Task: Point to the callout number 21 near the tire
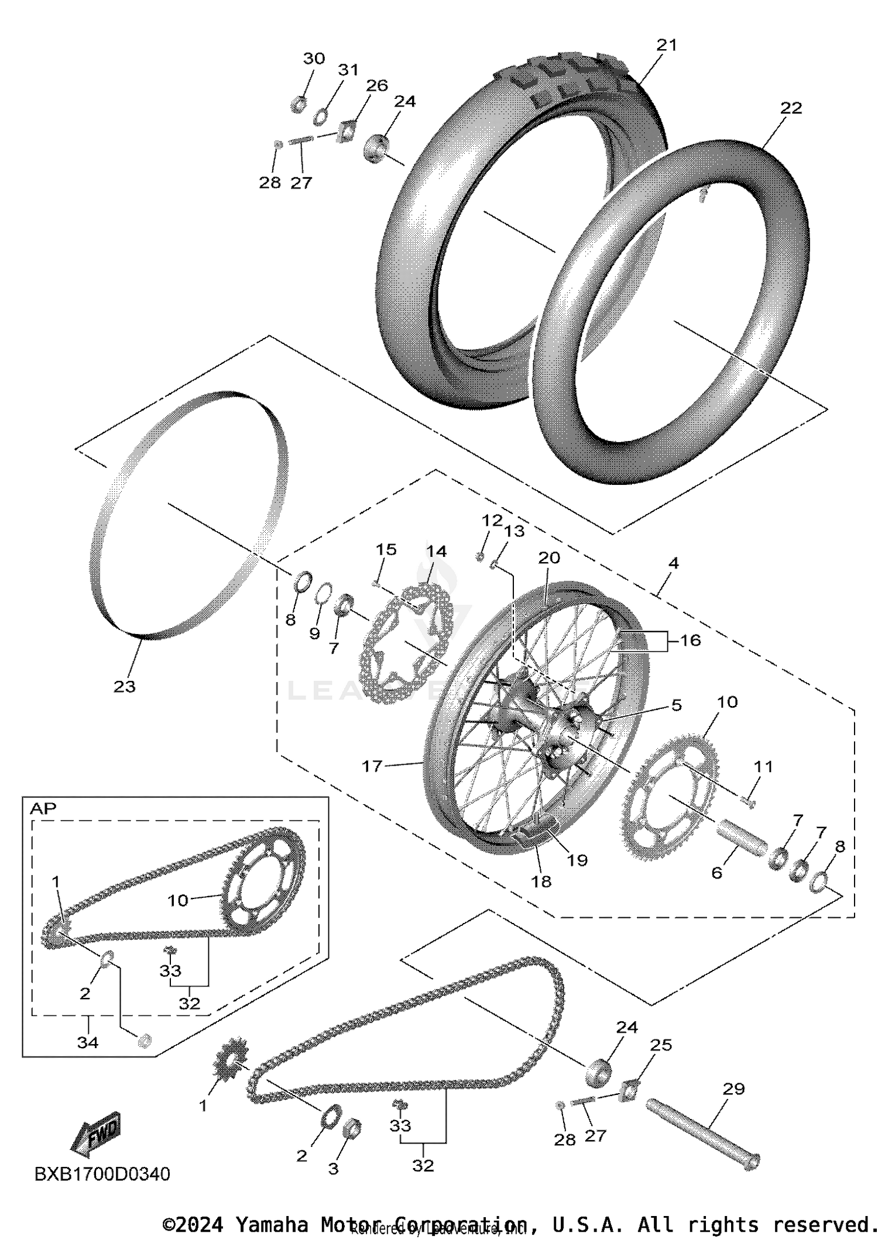(x=666, y=45)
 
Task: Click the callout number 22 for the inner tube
(x=791, y=108)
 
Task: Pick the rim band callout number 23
(x=124, y=686)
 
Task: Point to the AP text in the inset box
(x=43, y=809)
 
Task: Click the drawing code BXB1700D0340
(x=102, y=1174)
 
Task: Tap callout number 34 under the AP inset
(x=88, y=1042)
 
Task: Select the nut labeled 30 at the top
(x=299, y=105)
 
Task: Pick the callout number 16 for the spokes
(x=690, y=640)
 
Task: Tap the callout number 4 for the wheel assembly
(x=673, y=563)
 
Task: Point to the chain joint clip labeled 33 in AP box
(x=170, y=950)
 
